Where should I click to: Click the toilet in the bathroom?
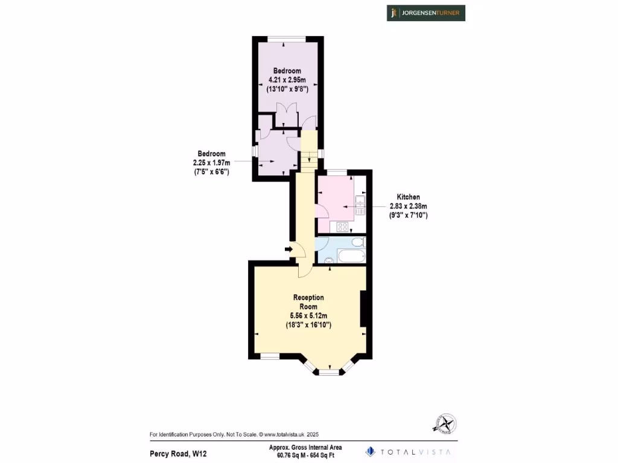coord(358,242)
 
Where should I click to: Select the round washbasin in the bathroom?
coord(328,260)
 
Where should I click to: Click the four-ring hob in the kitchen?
coord(342,227)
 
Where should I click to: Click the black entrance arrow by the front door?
coord(289,248)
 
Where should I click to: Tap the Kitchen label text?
coord(408,197)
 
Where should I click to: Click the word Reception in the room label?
coord(308,297)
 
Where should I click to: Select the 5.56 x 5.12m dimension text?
coord(308,315)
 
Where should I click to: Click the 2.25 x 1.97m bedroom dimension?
coord(209,163)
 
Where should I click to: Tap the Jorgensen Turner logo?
coord(426,13)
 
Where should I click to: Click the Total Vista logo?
coord(409,451)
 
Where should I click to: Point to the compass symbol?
coord(445,424)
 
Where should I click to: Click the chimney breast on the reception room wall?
coord(363,310)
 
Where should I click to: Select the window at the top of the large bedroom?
coord(287,40)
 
